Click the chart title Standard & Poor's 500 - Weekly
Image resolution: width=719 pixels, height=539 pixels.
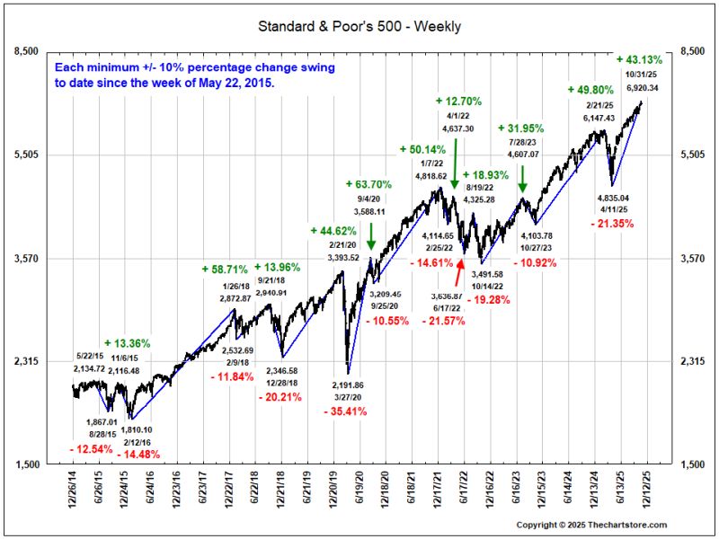click(x=359, y=26)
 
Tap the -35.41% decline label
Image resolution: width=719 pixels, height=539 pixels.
click(x=345, y=411)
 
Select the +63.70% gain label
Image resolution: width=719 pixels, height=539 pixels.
click(x=368, y=184)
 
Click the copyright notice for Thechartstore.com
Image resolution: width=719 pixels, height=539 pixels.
click(x=591, y=525)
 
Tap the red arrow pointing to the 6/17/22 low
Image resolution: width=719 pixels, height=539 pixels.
click(x=459, y=273)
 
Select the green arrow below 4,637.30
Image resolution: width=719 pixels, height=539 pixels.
click(x=455, y=163)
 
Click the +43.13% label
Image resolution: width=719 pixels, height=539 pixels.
click(x=639, y=59)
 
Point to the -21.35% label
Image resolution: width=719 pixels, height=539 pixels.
click(x=612, y=224)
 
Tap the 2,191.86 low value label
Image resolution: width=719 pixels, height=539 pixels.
click(x=347, y=385)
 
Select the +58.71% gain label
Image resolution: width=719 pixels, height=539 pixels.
click(x=225, y=269)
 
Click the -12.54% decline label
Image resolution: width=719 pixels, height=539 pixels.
click(x=92, y=449)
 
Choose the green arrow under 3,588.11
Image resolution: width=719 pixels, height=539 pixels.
click(x=371, y=236)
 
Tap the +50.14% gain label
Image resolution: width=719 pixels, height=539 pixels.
click(x=422, y=149)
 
